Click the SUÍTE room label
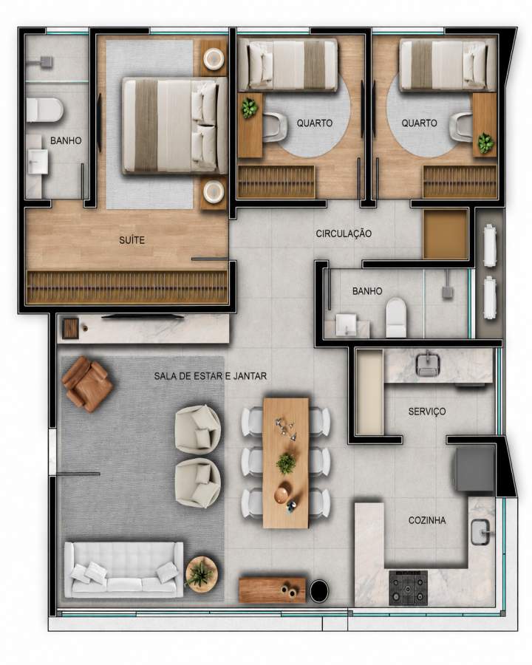(132, 240)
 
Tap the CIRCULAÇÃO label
(344, 233)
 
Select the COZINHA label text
(427, 520)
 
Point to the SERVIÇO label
(427, 412)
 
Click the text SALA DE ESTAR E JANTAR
(211, 376)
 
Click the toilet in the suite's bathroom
(44, 110)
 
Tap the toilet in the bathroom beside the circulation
(396, 317)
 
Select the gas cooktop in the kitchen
(408, 587)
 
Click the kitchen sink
(481, 532)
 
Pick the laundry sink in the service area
(428, 364)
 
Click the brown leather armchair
(87, 383)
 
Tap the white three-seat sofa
(124, 570)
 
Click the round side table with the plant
(202, 574)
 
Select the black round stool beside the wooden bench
(319, 590)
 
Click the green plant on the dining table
(287, 463)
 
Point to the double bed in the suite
(175, 126)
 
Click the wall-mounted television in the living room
(142, 316)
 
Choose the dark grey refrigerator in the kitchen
(475, 468)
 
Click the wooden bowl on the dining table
(282, 494)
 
